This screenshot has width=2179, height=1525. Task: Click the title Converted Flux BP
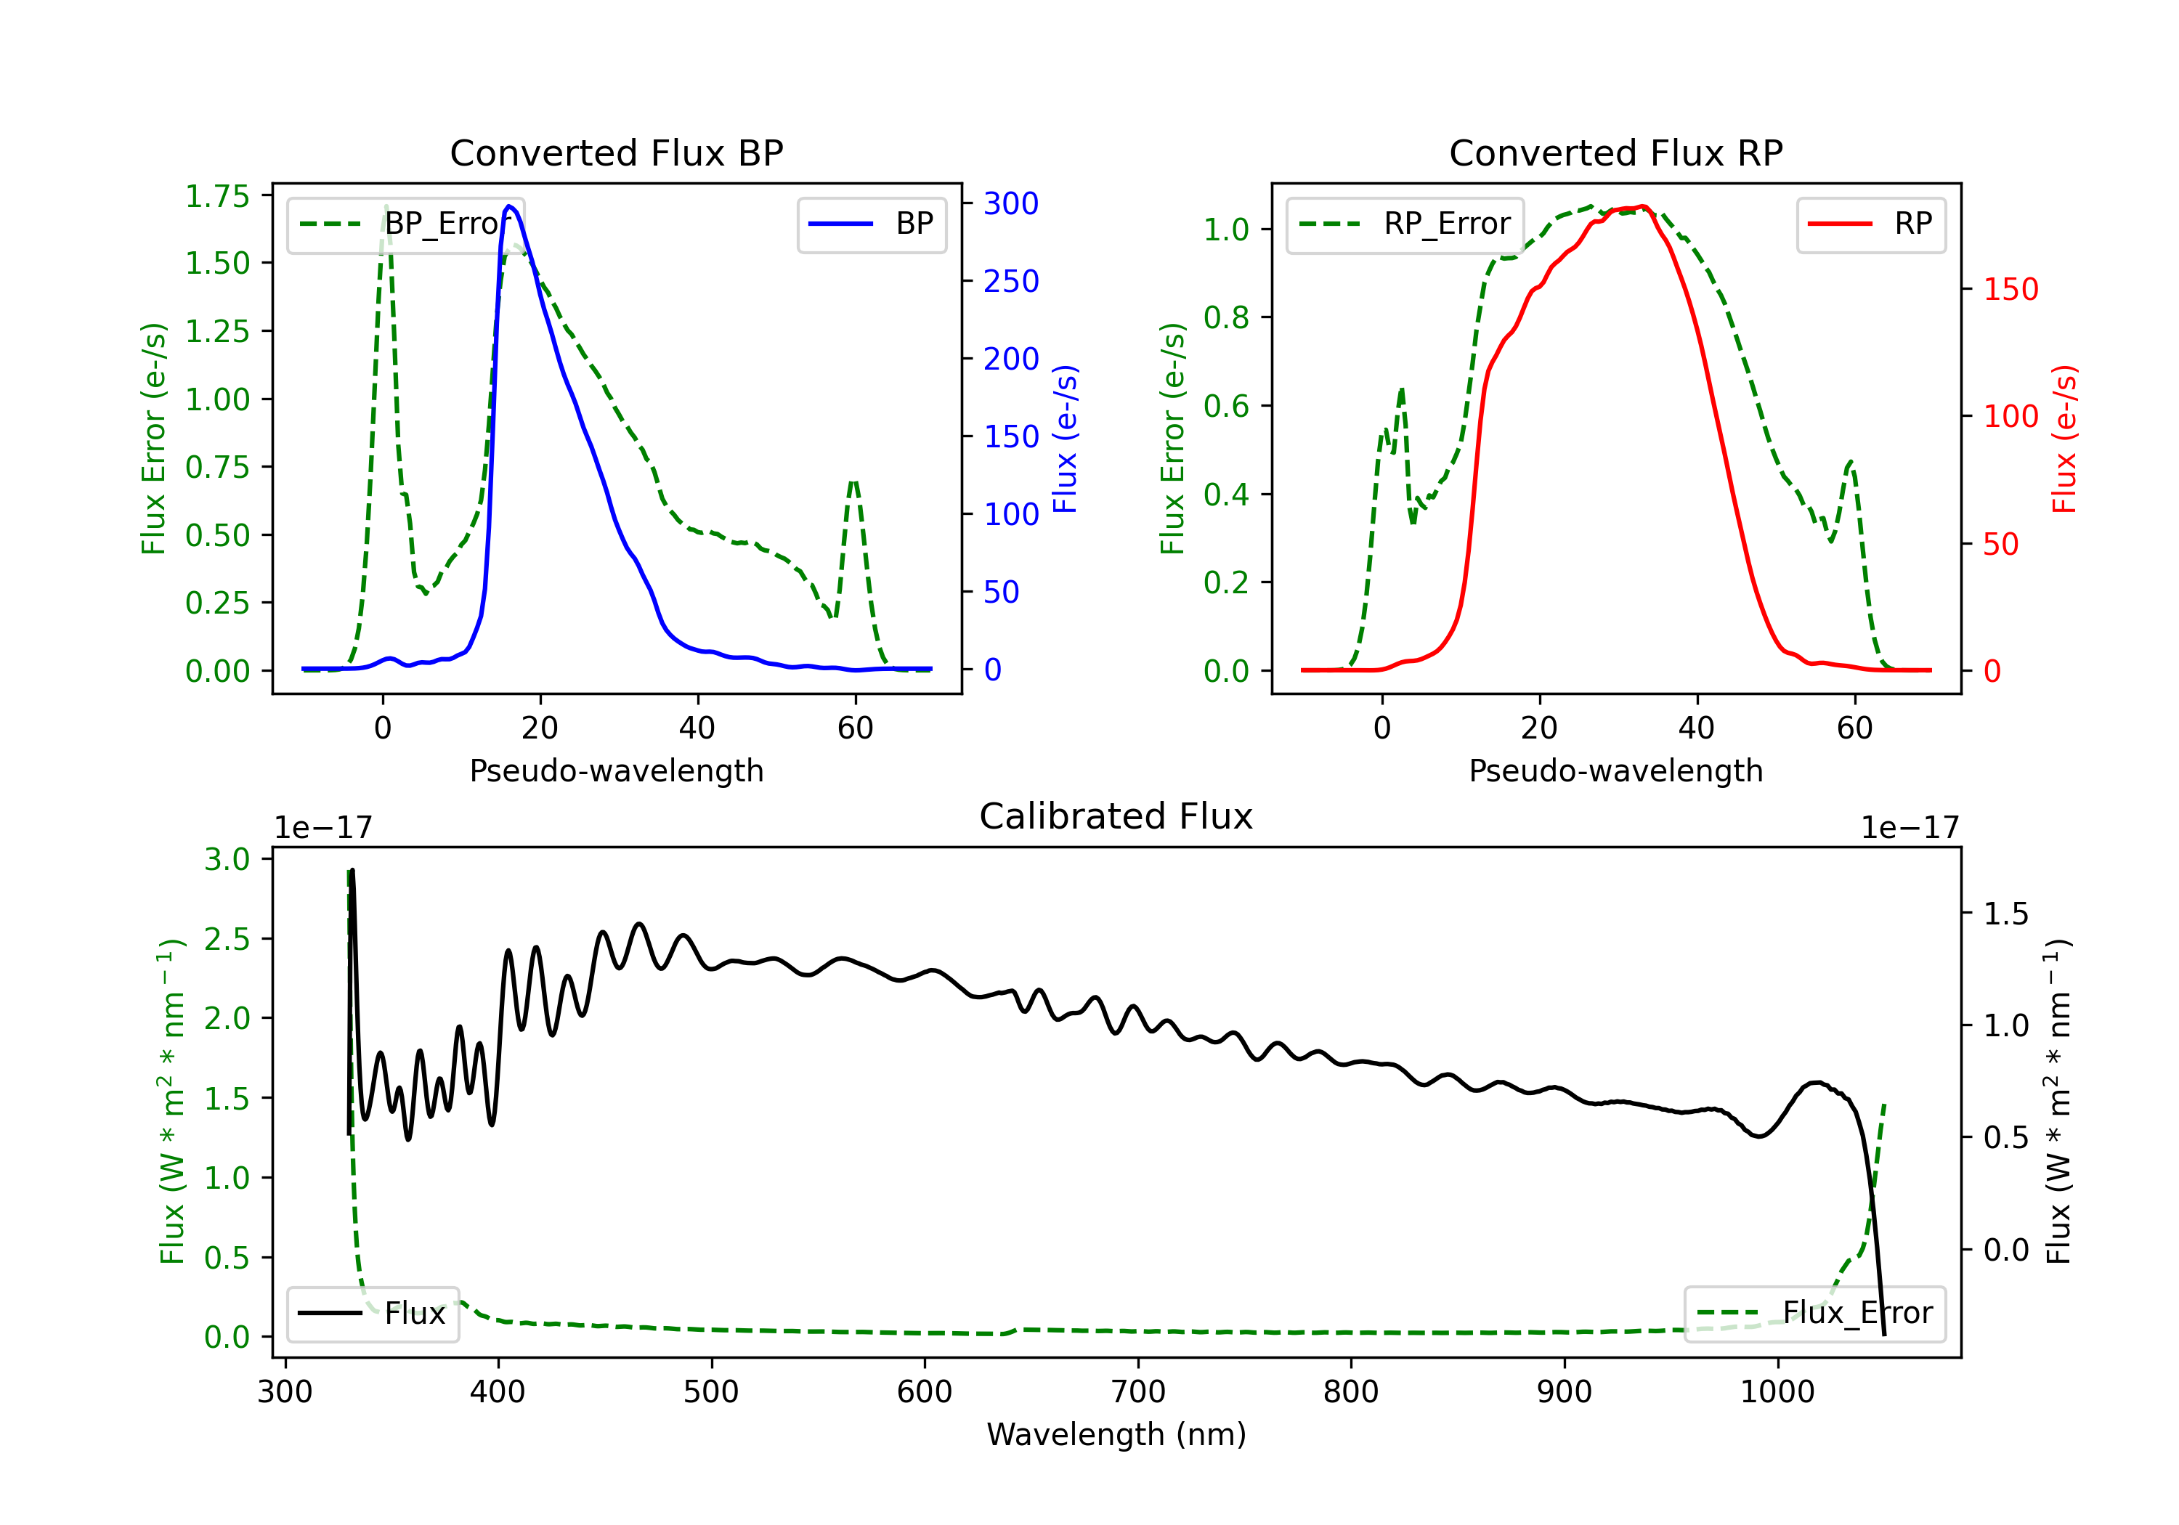pos(616,152)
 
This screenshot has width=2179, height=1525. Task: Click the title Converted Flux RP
pos(1615,152)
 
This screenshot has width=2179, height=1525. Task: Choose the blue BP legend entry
pos(871,224)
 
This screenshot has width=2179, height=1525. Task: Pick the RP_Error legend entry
pos(1405,224)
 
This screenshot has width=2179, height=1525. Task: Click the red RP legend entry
pos(1870,224)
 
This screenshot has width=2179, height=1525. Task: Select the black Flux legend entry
pos(372,1314)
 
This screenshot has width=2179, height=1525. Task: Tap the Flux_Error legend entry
pos(1814,1314)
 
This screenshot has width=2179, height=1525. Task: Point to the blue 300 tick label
pos(1011,203)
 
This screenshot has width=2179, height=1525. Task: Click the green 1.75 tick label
pos(217,197)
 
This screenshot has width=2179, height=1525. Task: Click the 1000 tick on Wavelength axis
pos(1777,1392)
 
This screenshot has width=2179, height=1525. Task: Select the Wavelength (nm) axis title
pos(1116,1435)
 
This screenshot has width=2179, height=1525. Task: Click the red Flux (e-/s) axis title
pos(2064,439)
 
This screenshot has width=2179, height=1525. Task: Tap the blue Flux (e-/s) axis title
pos(1065,439)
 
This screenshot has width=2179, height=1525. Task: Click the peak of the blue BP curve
pos(510,206)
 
